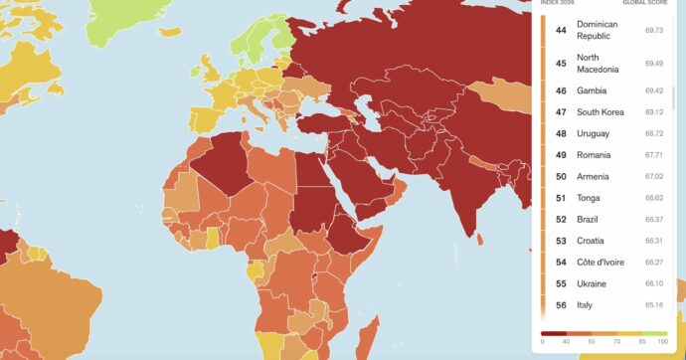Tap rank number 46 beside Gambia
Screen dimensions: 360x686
561,90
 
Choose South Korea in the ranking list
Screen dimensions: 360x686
600,111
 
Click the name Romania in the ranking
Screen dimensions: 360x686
595,155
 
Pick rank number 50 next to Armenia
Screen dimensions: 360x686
561,176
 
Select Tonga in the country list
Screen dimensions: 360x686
589,198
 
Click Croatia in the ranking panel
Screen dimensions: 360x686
591,241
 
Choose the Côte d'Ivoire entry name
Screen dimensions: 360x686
604,262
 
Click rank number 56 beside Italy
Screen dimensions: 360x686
561,304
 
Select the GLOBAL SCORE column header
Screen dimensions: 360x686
645,3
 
